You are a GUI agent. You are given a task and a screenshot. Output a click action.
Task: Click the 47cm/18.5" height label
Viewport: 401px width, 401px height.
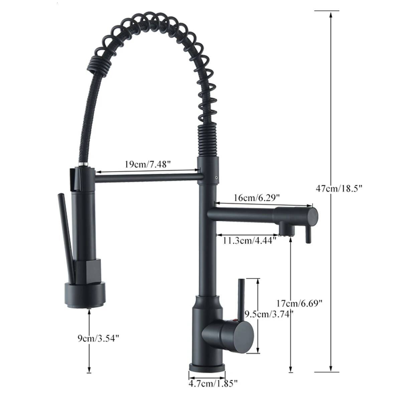pyautogui.click(x=339, y=188)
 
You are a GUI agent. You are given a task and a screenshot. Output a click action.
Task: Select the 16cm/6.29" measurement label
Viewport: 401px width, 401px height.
pyautogui.click(x=256, y=198)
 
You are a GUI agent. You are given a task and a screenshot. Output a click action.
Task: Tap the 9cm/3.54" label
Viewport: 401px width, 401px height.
pyautogui.click(x=97, y=339)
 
